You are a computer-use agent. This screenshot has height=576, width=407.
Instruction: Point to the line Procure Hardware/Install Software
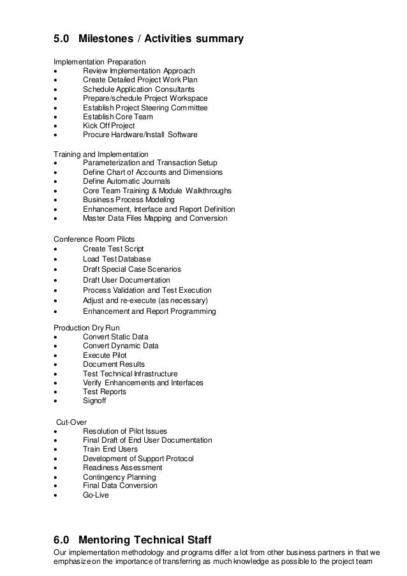[140, 135]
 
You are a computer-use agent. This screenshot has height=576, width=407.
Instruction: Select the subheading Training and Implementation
[100, 154]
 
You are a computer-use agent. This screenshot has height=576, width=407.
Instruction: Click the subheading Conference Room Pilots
[94, 239]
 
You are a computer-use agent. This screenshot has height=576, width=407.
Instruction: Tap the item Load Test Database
[117, 259]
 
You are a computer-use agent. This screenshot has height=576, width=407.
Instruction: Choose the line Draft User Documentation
[126, 280]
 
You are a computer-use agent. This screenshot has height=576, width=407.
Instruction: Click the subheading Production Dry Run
[87, 327]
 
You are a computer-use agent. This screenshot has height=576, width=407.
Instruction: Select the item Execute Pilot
[105, 355]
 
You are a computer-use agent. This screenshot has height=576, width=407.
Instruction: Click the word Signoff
[95, 401]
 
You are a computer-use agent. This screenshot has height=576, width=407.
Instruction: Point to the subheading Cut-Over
[68, 422]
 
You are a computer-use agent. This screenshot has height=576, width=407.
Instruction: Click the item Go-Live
[96, 495]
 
